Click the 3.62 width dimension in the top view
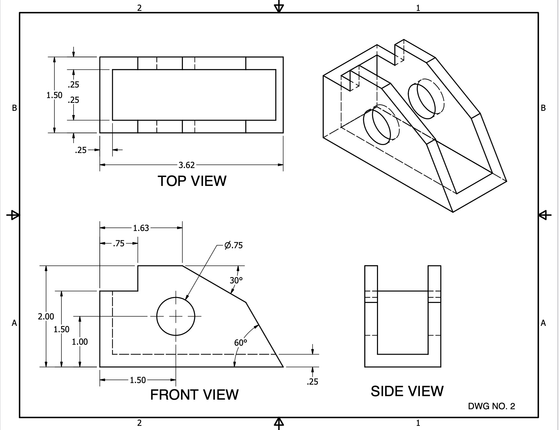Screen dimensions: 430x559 click(186, 165)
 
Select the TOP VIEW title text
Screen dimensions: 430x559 click(192, 181)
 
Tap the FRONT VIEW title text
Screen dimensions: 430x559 click(194, 395)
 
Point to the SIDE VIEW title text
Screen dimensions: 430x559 click(407, 391)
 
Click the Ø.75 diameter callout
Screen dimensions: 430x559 click(233, 245)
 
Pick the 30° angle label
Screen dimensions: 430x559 click(236, 280)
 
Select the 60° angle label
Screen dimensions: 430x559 click(240, 343)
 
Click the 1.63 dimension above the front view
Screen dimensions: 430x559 click(141, 228)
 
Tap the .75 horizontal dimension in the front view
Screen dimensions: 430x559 click(118, 243)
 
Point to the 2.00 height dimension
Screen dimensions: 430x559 click(46, 317)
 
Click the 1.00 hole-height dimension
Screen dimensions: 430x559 click(80, 342)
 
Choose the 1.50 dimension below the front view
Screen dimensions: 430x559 click(138, 380)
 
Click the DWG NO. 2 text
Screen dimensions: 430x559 click(492, 406)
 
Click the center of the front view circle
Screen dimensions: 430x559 click(176, 317)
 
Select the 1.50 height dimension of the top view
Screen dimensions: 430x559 click(54, 95)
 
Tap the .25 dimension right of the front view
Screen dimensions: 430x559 click(312, 382)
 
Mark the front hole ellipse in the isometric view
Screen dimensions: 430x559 click(377, 127)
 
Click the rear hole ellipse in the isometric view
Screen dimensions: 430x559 click(422, 101)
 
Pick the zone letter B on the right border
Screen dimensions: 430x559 click(543, 108)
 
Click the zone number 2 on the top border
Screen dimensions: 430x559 click(139, 8)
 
